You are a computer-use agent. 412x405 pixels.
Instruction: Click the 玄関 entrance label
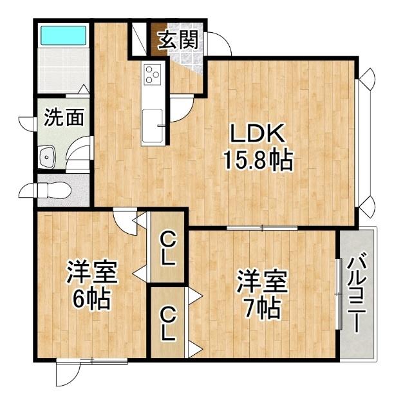point(176,41)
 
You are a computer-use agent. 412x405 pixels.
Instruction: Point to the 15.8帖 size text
point(257,159)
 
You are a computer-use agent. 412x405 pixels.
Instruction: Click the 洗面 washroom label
point(64,117)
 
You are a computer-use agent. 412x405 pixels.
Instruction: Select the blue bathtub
point(63,35)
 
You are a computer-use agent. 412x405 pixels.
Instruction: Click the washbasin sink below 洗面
point(47,156)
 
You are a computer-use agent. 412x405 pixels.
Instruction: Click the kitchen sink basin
point(153,120)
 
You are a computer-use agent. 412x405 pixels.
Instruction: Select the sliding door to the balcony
point(338,294)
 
